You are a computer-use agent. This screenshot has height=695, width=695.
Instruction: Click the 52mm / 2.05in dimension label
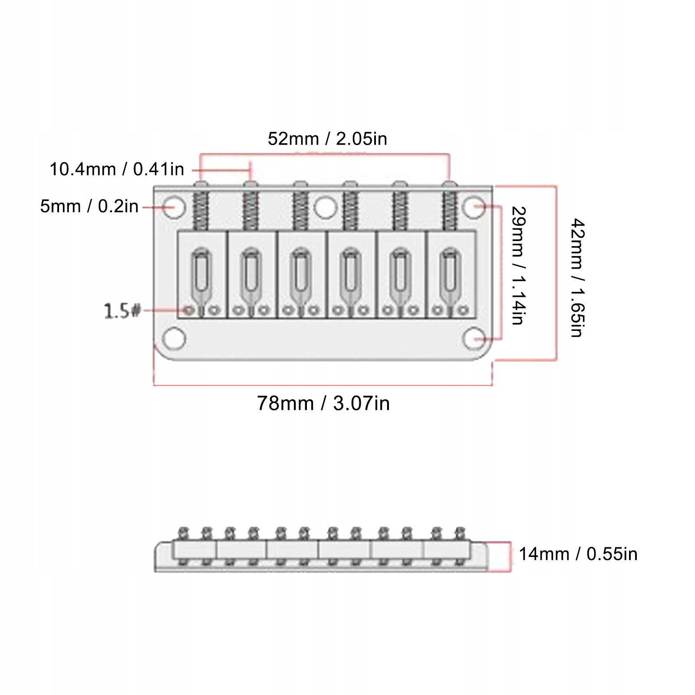click(x=327, y=139)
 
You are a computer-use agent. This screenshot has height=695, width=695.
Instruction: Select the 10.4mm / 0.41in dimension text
click(x=117, y=169)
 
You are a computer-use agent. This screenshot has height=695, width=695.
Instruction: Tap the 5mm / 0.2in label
click(x=89, y=206)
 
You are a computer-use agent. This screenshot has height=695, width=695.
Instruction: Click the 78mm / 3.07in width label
click(x=323, y=403)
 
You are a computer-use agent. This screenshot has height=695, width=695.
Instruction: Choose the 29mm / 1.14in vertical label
click(x=518, y=266)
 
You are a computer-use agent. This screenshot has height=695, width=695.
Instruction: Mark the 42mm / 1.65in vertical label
click(x=577, y=278)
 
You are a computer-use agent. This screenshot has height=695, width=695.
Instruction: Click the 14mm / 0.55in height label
click(x=578, y=554)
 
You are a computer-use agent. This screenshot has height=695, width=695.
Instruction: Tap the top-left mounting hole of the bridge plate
click(x=175, y=207)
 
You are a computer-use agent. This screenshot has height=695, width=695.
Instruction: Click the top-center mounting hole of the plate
click(x=325, y=208)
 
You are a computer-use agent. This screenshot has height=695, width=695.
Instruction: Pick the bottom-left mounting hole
click(x=175, y=339)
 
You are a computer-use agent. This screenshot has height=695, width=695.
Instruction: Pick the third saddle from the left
click(x=301, y=274)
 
